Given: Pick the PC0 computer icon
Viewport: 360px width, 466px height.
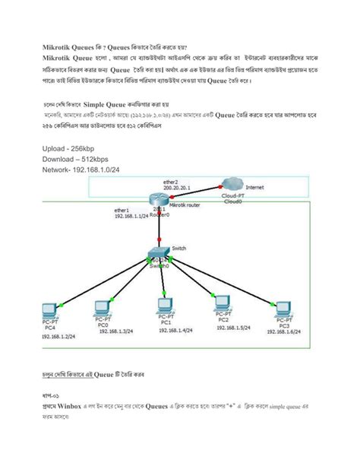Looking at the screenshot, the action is click(102, 309).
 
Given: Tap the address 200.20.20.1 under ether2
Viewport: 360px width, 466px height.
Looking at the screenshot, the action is click(176, 188).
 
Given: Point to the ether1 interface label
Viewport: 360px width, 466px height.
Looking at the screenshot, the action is click(122, 210).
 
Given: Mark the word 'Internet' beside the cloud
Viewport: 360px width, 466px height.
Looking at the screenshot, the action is click(254, 186).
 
